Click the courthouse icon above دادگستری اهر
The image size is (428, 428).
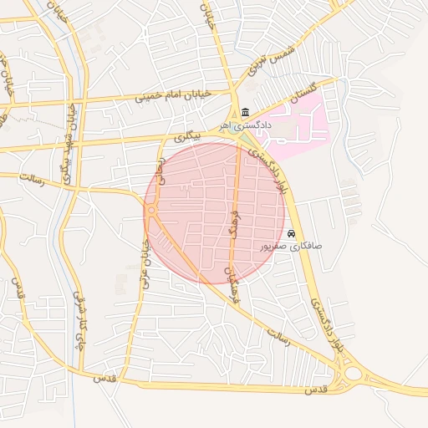point(244,113)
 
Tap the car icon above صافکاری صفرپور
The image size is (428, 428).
point(292,233)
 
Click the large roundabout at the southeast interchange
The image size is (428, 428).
point(360,374)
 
